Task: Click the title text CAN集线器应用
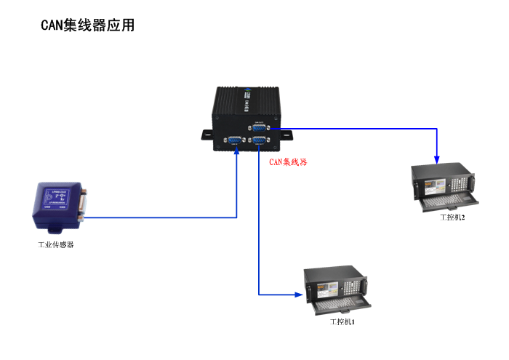pos(88,25)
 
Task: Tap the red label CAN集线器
pos(288,161)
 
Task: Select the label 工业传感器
pos(56,244)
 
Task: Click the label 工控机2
pos(452,217)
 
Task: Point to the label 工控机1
pos(341,321)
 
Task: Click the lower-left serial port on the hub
pos(235,141)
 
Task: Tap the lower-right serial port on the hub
pos(259,141)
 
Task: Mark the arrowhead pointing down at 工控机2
pos(437,159)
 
